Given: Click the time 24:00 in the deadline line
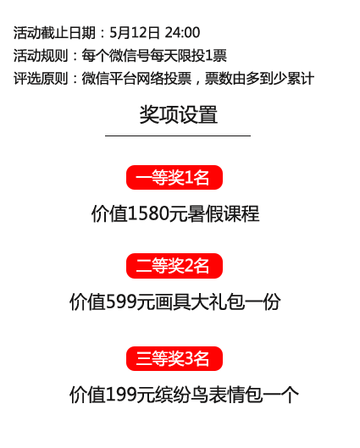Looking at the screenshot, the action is (x=182, y=32).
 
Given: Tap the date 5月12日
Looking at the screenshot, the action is (x=135, y=32).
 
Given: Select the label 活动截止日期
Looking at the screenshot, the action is (x=54, y=32).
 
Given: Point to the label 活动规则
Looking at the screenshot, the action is (x=41, y=55).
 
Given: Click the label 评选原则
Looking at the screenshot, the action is (x=41, y=79).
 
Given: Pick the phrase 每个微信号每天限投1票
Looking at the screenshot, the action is (x=154, y=55).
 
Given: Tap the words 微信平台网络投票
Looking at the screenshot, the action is (x=136, y=79).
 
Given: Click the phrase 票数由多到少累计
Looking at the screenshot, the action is (x=259, y=79).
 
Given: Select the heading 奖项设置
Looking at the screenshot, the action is (x=178, y=114).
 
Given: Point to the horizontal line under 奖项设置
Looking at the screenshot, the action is (x=178, y=136).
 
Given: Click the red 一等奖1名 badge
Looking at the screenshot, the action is (x=174, y=178).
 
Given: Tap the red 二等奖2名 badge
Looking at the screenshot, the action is (x=174, y=266).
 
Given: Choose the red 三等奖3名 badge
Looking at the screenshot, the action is (x=174, y=358).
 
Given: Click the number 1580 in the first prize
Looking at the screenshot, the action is (x=148, y=213).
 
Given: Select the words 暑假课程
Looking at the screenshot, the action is (x=224, y=213).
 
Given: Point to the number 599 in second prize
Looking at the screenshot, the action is (x=121, y=301).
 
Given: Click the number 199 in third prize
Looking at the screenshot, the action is (x=121, y=395).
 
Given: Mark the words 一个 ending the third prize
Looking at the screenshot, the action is (x=280, y=395).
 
